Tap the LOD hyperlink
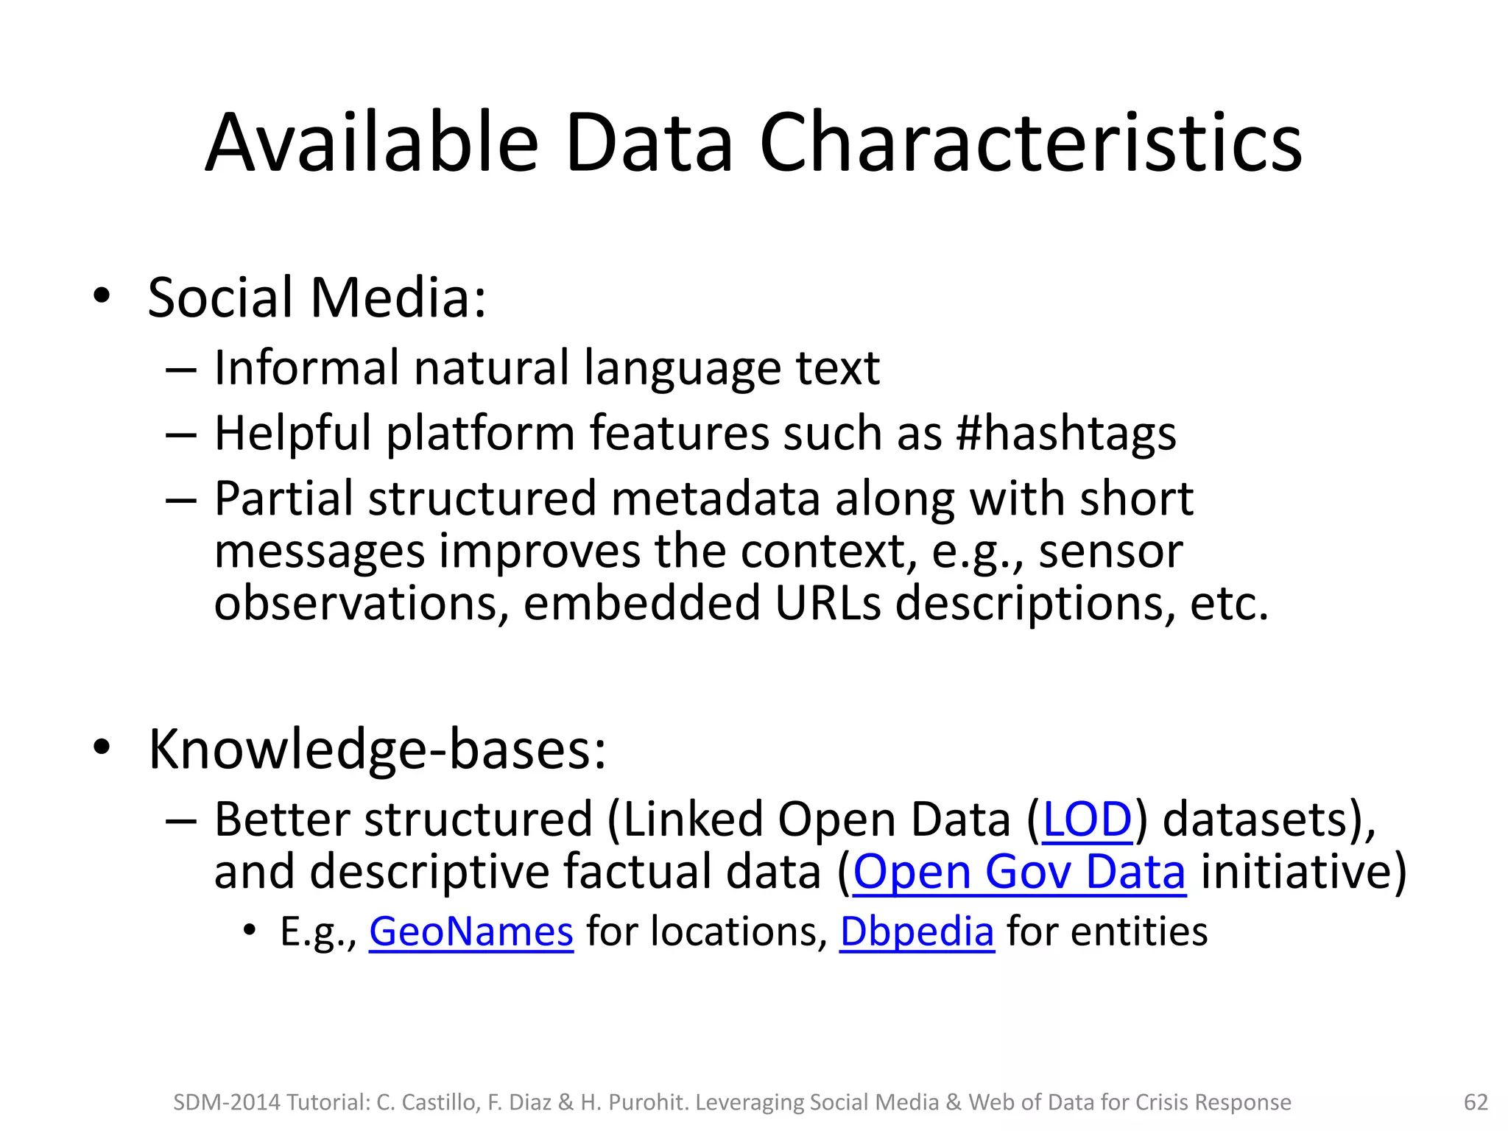(1087, 820)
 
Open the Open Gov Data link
(1019, 872)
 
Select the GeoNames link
(471, 931)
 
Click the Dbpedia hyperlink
(917, 931)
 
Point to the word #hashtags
(1065, 433)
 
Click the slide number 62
(1476, 1102)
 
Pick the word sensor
(1110, 552)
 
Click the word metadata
(715, 498)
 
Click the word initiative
(1295, 872)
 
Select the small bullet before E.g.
(250, 931)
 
